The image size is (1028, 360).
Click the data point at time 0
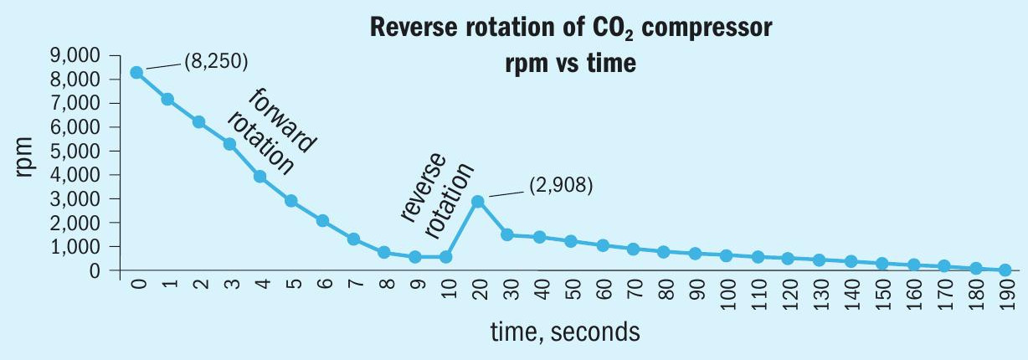[136, 73]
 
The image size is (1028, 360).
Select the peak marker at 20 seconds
[477, 202]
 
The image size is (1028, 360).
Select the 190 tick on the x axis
[1005, 296]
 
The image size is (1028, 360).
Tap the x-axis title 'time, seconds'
[566, 332]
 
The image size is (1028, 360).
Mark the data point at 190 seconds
[1005, 270]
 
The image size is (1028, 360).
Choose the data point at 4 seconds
[260, 177]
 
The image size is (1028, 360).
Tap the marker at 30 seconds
[507, 235]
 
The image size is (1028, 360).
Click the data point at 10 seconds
[446, 257]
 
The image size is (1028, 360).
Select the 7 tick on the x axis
[354, 289]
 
